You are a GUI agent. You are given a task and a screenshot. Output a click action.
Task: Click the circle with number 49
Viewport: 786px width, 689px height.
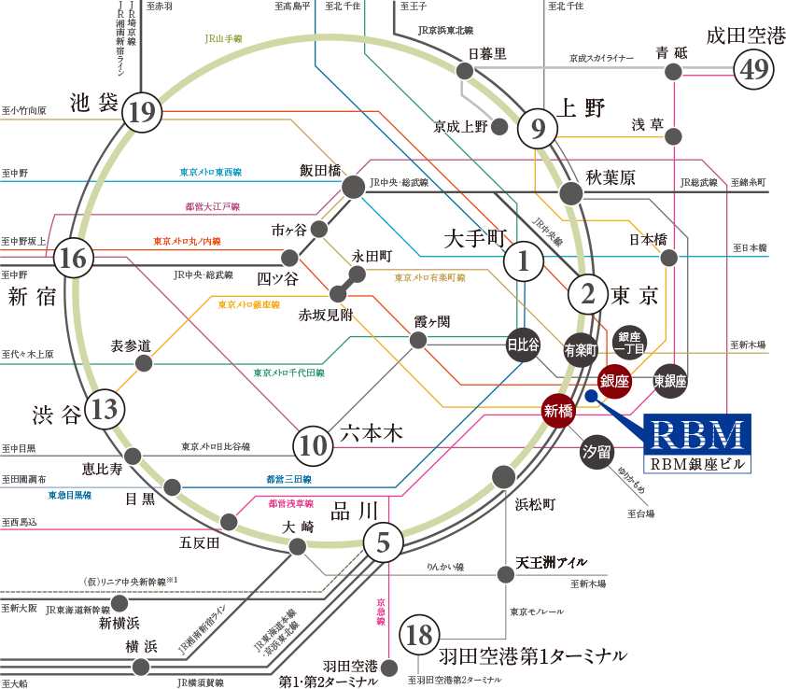pos(753,69)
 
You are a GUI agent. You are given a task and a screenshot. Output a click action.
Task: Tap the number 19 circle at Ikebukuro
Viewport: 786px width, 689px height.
pos(142,113)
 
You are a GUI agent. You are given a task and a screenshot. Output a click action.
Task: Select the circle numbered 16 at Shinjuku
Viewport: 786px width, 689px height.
pos(73,259)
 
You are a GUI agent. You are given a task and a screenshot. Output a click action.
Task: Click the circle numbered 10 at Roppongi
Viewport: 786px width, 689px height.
pos(314,447)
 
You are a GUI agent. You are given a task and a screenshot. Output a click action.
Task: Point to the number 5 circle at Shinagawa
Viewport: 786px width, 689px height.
pos(383,542)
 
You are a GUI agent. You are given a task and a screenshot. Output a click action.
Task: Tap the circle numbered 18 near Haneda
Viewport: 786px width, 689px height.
pos(420,637)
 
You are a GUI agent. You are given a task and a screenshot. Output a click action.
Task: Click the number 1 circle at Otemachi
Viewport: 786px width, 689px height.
pos(523,263)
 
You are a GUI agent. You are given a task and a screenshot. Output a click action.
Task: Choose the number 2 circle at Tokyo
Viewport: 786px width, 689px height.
pos(588,295)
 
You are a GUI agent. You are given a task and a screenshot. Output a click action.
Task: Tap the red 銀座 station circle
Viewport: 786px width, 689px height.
pos(614,381)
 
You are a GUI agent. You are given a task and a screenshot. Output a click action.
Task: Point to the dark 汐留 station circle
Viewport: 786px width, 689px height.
pos(597,451)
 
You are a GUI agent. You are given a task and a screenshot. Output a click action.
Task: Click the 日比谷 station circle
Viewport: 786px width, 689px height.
pos(523,344)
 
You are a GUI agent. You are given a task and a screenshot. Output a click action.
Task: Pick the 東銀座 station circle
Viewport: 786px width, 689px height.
pos(669,380)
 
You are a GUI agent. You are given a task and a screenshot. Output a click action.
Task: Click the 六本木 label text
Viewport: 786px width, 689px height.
pos(371,433)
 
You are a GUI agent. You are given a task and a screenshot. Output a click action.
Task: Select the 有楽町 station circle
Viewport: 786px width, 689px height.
pos(581,350)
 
